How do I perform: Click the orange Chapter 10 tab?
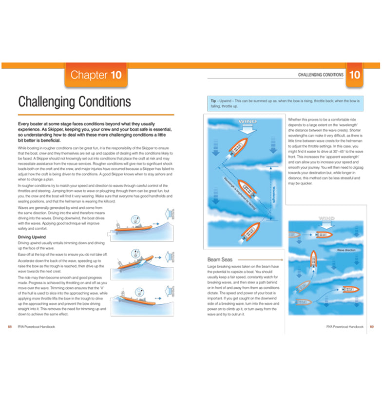96,75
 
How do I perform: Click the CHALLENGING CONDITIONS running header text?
320,75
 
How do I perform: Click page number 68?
10,327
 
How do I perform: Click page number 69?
372,327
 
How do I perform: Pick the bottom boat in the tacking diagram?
242,234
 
